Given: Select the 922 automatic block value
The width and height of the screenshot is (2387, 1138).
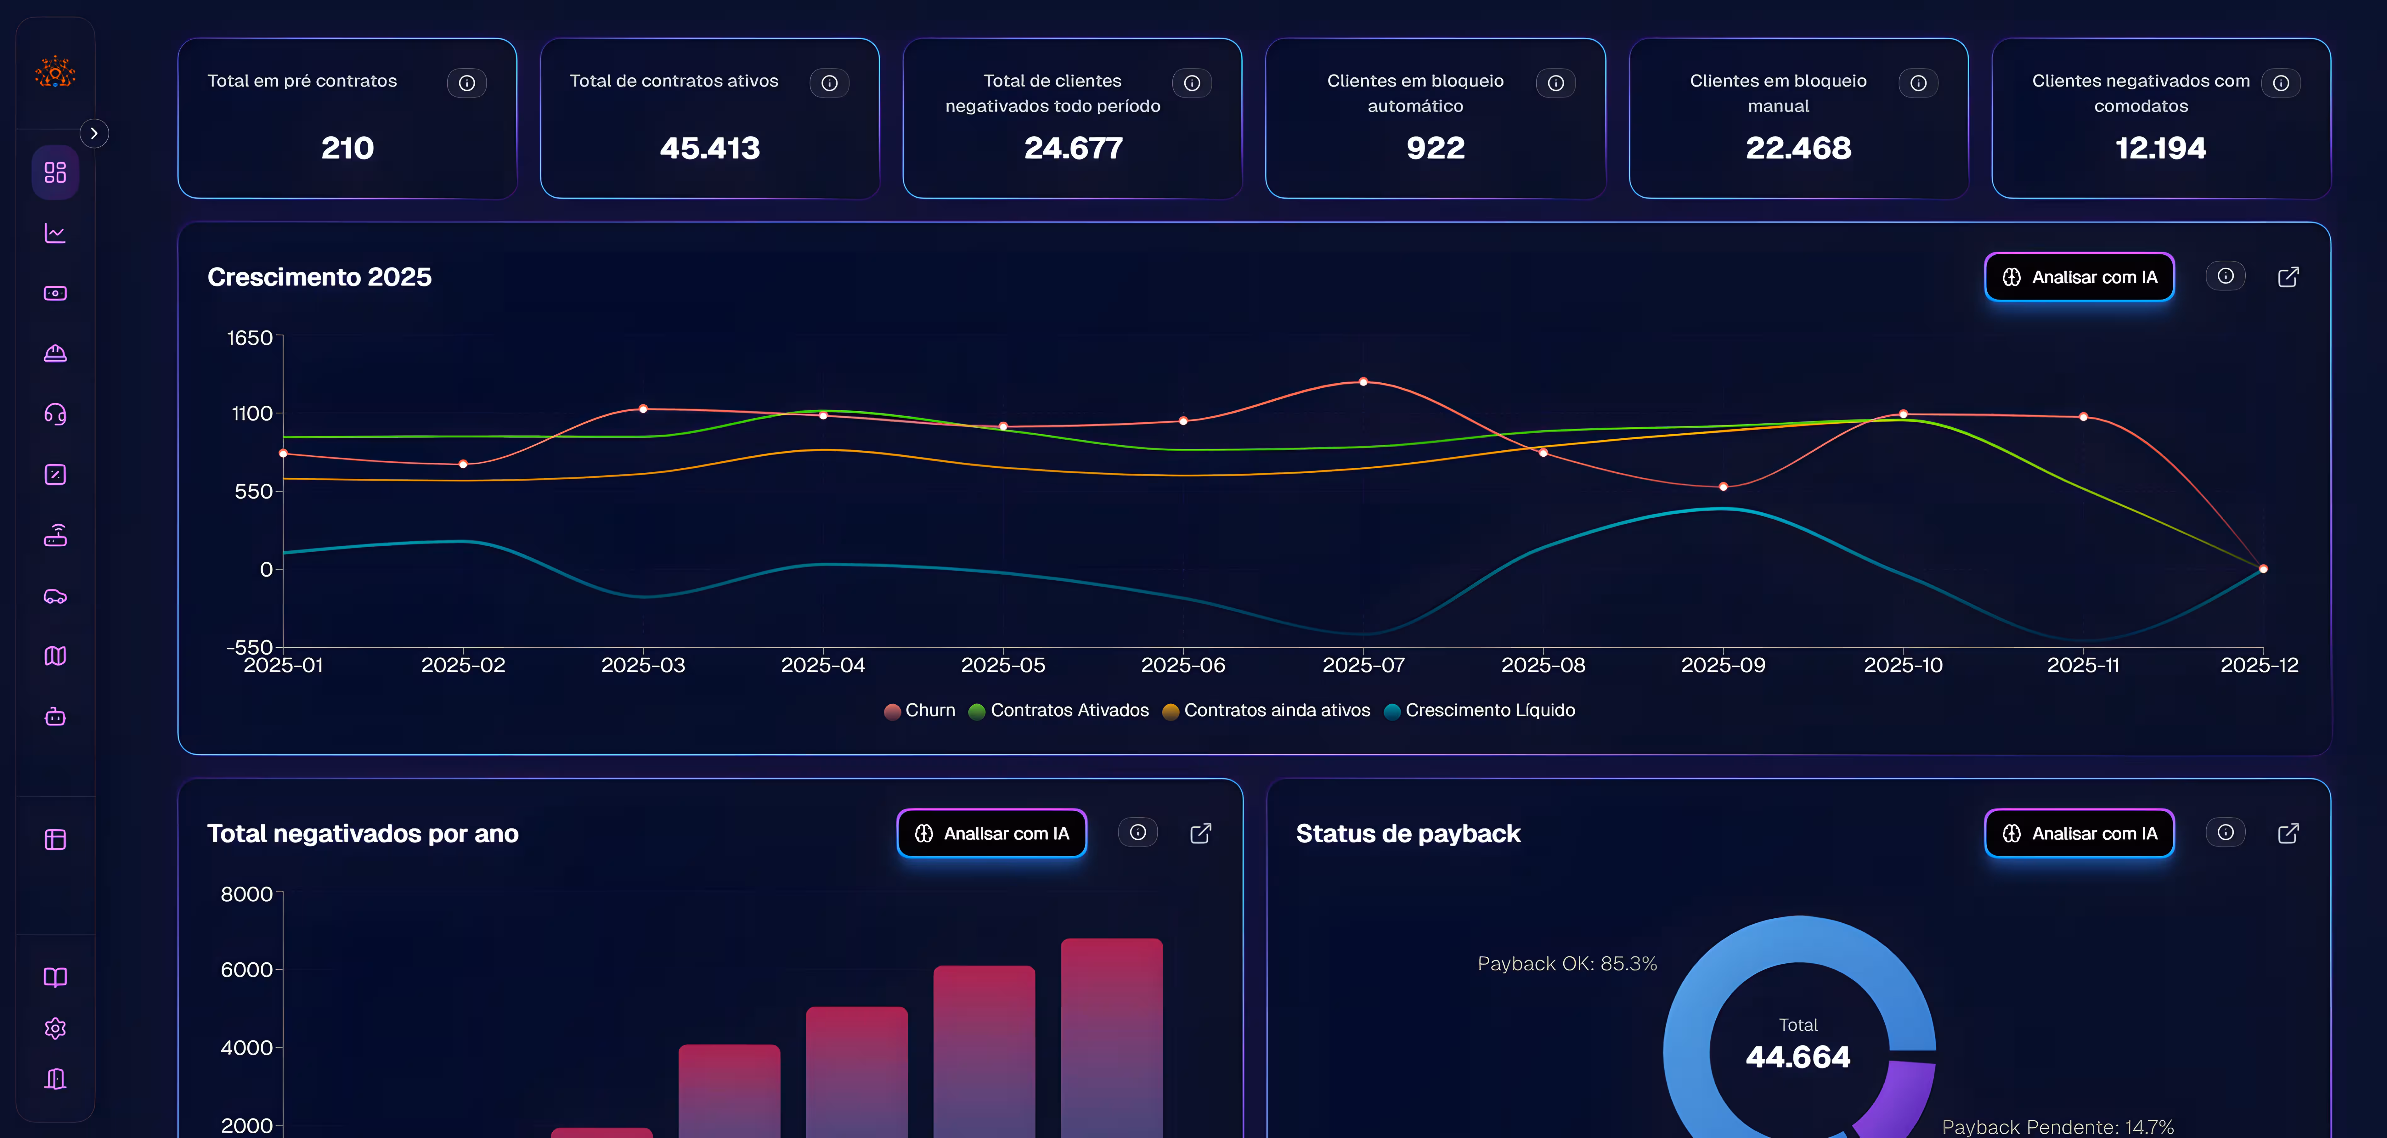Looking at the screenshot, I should click(x=1435, y=148).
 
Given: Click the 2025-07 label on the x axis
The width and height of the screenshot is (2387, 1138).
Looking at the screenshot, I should click(x=1363, y=665).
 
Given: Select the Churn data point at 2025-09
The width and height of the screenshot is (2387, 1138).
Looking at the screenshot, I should click(x=1723, y=487).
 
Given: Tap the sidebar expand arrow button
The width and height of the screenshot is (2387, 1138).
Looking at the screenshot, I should click(x=93, y=133).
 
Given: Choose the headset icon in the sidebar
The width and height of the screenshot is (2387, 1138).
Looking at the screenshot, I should click(x=56, y=414).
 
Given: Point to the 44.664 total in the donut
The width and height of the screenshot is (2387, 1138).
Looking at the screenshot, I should click(x=1798, y=1056).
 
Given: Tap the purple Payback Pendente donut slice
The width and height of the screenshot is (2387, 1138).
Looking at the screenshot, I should click(x=1899, y=1103).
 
